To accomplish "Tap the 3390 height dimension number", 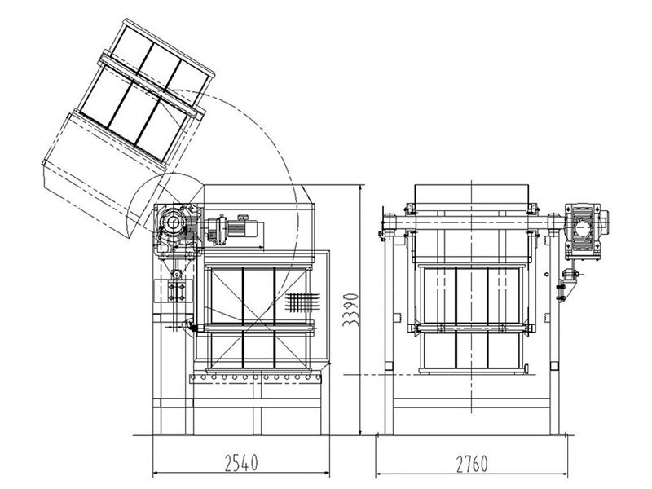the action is (x=350, y=310).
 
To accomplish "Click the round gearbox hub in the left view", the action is (x=172, y=223).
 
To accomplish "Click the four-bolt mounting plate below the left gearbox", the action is (x=176, y=291).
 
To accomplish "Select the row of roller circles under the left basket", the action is (x=255, y=377).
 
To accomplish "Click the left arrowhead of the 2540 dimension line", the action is (x=156, y=473).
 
